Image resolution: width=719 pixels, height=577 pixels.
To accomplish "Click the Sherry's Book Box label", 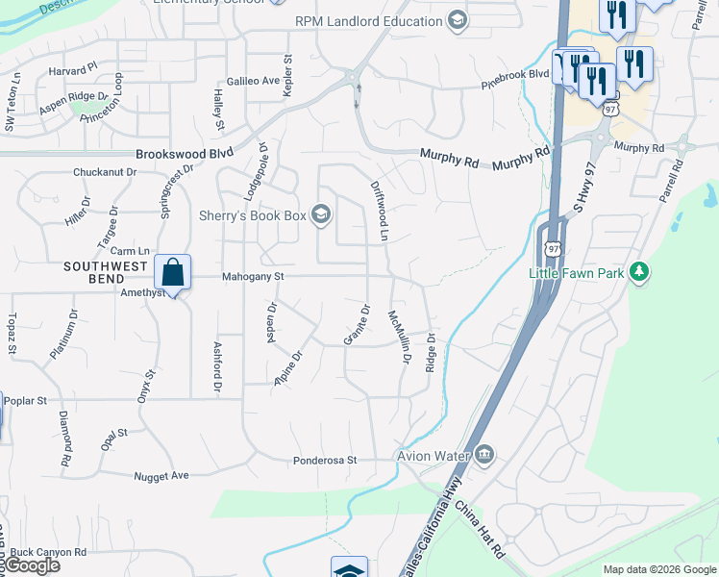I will [x=253, y=215].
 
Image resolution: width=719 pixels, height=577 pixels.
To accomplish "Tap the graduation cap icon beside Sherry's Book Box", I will [x=321, y=214].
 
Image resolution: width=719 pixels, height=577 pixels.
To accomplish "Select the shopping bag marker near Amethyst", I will [x=172, y=273].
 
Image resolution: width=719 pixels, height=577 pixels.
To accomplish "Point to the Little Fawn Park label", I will [x=577, y=273].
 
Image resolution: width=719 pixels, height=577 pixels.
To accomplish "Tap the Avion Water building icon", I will [x=485, y=454].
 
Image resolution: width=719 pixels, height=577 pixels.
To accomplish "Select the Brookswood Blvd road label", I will [x=185, y=153].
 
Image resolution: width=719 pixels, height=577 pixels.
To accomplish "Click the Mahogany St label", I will [x=254, y=276].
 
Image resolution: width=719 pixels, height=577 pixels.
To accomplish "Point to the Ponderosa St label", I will [x=325, y=461].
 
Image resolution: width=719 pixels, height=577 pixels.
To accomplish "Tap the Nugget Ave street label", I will [x=161, y=475].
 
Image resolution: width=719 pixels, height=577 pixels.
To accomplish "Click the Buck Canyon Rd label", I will [x=48, y=553].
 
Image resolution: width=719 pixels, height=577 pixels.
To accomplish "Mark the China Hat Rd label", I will [x=480, y=529].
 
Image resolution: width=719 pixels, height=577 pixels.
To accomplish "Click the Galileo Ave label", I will [x=253, y=81].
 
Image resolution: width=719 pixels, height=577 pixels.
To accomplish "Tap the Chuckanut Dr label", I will [x=105, y=173].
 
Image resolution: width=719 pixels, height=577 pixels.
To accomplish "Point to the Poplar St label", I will [x=25, y=400].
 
